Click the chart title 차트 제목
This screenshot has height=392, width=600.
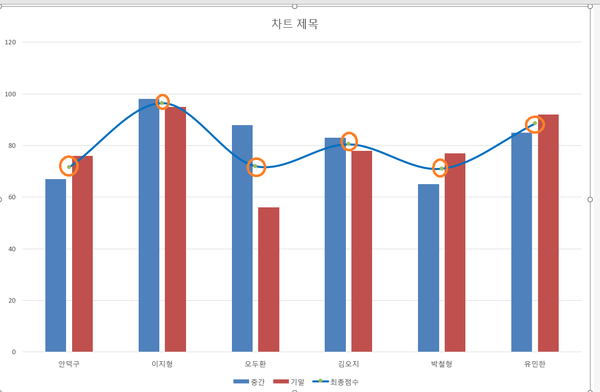point(294,24)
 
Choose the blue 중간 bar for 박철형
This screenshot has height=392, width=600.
point(428,268)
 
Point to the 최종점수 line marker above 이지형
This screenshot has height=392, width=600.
point(162,102)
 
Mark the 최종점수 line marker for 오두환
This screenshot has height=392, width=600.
point(255,166)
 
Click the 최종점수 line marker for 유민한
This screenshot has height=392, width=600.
point(535,123)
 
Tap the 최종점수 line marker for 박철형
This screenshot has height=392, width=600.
point(442,169)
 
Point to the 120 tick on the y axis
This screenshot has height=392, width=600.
point(11,42)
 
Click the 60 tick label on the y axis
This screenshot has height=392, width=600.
point(12,197)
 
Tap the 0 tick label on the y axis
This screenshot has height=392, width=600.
point(14,352)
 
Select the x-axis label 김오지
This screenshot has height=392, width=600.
point(348,364)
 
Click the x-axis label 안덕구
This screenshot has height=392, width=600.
point(69,364)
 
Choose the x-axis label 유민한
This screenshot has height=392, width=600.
point(535,364)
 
